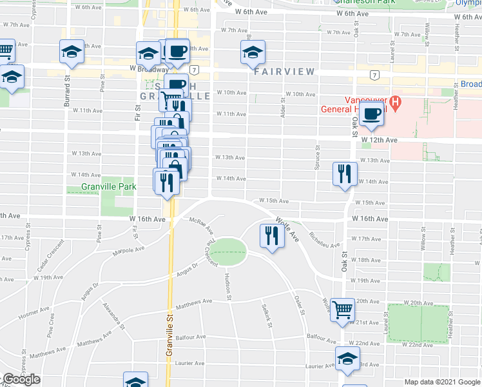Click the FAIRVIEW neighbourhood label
tap(284, 72)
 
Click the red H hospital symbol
tap(398, 102)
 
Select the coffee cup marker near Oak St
tap(371, 114)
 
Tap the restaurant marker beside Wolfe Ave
tap(271, 237)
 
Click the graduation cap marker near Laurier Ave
tap(347, 360)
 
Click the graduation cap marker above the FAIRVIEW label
tap(253, 54)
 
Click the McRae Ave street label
tap(202, 225)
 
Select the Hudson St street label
tap(228, 285)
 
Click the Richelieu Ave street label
tap(324, 240)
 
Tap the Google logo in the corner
tap(22, 379)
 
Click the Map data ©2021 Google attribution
tap(443, 382)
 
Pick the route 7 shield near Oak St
tap(374, 75)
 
